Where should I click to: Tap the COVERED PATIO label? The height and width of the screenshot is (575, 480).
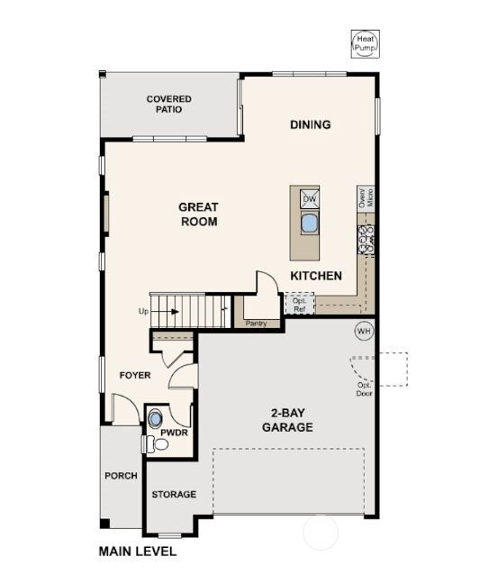click(x=168, y=104)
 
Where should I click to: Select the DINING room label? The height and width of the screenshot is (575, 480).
click(x=310, y=124)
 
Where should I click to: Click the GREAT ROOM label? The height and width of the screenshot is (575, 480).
click(x=199, y=214)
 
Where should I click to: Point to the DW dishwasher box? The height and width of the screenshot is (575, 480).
click(x=309, y=199)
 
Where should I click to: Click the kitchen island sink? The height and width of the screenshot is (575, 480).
click(x=309, y=223)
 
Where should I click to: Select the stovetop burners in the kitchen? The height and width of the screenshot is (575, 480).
click(x=367, y=238)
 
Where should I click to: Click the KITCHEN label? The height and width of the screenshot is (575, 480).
click(x=315, y=276)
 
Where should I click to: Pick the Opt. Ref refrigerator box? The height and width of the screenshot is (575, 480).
click(x=298, y=304)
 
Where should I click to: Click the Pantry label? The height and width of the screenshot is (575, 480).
click(x=256, y=322)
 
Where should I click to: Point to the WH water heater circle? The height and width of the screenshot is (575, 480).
click(x=363, y=331)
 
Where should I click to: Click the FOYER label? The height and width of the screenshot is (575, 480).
click(x=135, y=375)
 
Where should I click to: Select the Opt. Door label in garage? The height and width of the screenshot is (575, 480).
click(x=365, y=388)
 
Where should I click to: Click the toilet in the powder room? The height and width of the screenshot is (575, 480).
click(x=149, y=443)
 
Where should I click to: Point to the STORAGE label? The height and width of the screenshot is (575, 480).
click(x=174, y=495)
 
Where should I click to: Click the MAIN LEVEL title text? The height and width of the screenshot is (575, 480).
click(x=138, y=551)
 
